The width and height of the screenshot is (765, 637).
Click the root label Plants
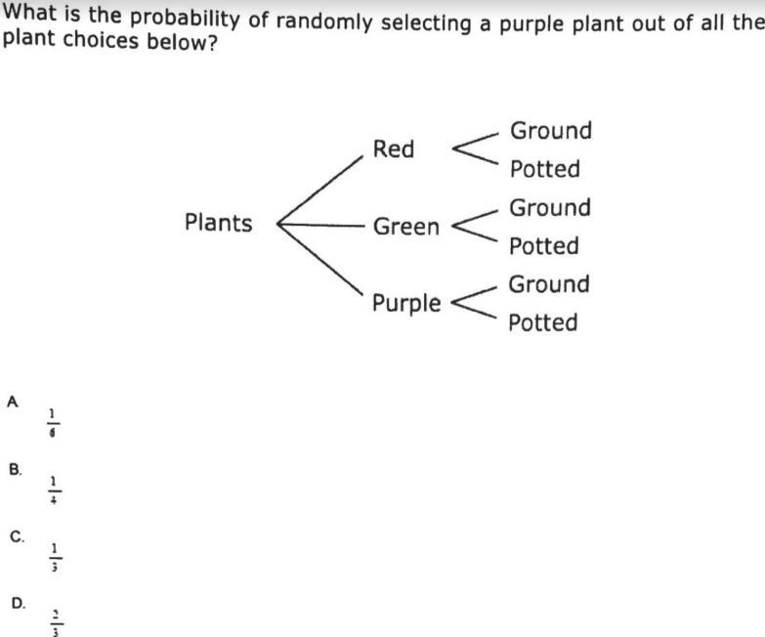tap(218, 224)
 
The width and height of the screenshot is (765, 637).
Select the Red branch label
tap(394, 149)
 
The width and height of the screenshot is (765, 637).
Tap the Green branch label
tap(406, 227)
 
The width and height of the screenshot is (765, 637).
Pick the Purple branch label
tap(406, 303)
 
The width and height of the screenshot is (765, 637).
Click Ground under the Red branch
tap(551, 131)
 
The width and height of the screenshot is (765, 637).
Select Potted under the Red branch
tap(544, 169)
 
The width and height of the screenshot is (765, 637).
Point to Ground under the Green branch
tap(550, 208)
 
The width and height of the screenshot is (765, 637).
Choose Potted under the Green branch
tap(543, 246)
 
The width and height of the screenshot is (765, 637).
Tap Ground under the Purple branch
tap(549, 284)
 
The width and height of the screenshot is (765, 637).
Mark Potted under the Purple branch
tap(542, 322)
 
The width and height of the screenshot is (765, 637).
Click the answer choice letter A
tap(13, 401)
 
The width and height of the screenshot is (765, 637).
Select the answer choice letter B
tap(15, 469)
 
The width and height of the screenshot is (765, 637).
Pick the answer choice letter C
tap(16, 536)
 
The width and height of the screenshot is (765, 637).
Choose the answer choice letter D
tap(18, 604)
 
